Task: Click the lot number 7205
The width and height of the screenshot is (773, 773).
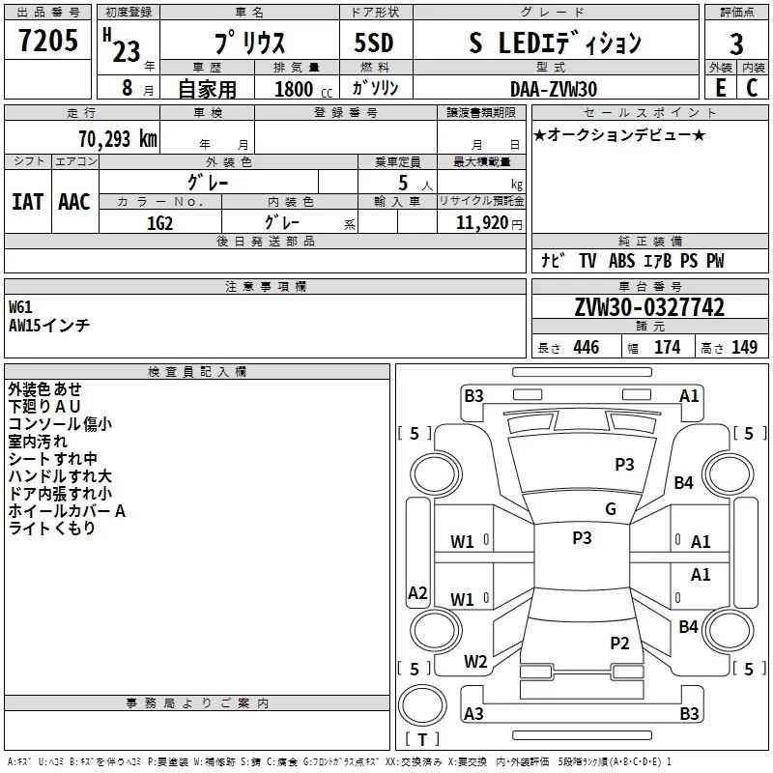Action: pyautogui.click(x=48, y=40)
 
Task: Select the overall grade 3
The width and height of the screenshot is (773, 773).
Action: pyautogui.click(x=736, y=43)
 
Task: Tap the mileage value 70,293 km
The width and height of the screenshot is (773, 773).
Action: pyautogui.click(x=118, y=139)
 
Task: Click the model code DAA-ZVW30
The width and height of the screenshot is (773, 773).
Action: pyautogui.click(x=554, y=89)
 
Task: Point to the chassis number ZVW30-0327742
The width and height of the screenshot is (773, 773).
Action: pyautogui.click(x=649, y=307)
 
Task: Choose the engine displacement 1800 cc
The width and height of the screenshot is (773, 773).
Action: pyautogui.click(x=303, y=89)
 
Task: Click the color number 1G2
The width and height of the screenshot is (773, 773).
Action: pyautogui.click(x=159, y=223)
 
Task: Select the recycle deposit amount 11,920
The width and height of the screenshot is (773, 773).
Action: pyautogui.click(x=481, y=223)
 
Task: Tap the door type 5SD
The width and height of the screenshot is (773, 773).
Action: pyautogui.click(x=374, y=43)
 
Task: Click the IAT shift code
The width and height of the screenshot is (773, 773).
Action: pyautogui.click(x=28, y=202)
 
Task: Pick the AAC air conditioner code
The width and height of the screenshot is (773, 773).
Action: pyautogui.click(x=74, y=202)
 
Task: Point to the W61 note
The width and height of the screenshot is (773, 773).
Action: pyautogui.click(x=20, y=307)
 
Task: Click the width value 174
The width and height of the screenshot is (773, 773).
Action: pyautogui.click(x=667, y=347)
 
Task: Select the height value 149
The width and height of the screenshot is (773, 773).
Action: pyautogui.click(x=744, y=347)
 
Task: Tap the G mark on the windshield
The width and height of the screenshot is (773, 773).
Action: pyautogui.click(x=611, y=509)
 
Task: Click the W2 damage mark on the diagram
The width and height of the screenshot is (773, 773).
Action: pyautogui.click(x=475, y=662)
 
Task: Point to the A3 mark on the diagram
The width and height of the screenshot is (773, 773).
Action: pyautogui.click(x=473, y=713)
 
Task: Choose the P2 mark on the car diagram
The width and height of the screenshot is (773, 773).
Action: pyautogui.click(x=619, y=643)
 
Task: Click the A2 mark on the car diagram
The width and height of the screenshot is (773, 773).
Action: pyautogui.click(x=417, y=592)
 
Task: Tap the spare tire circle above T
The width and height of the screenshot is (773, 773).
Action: pyautogui.click(x=422, y=705)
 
